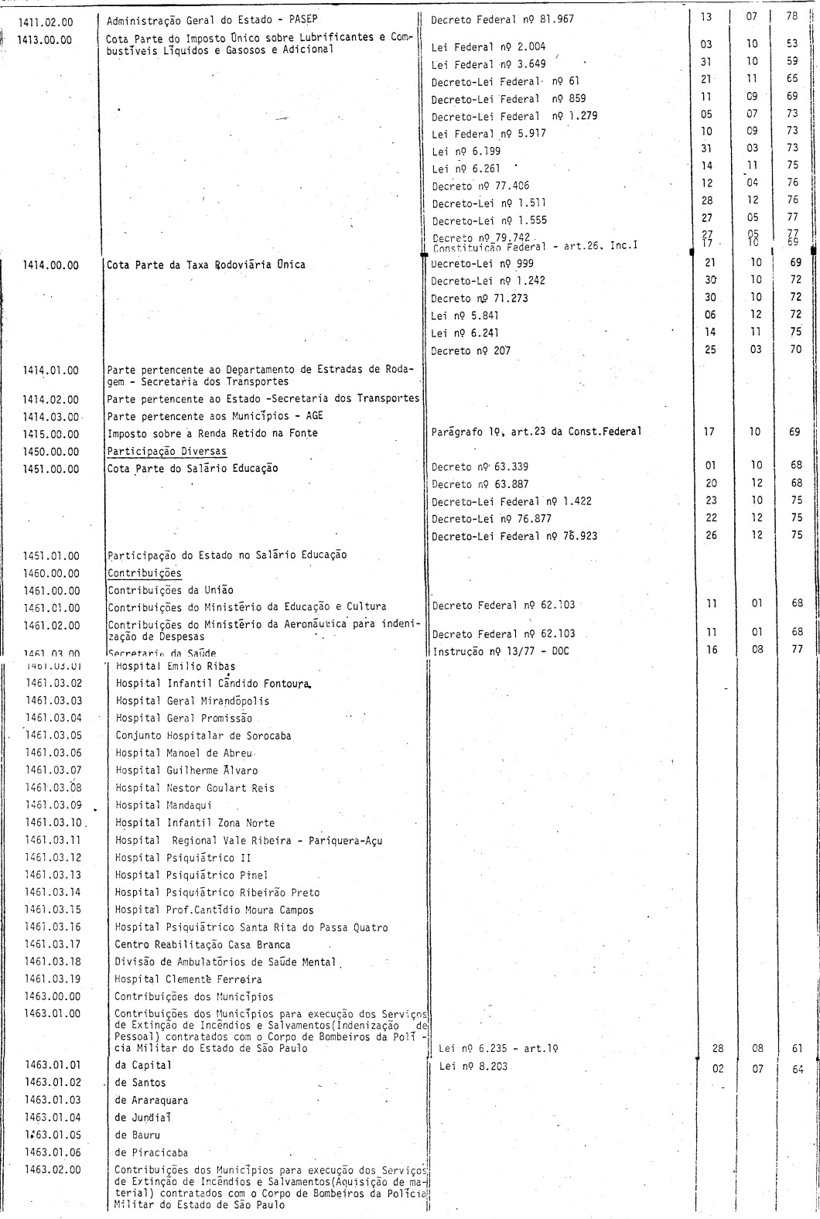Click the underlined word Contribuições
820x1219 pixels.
pyautogui.click(x=145, y=573)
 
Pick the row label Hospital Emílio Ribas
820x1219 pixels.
pyautogui.click(x=176, y=665)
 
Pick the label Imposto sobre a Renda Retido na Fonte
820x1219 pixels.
pyautogui.click(x=213, y=433)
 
